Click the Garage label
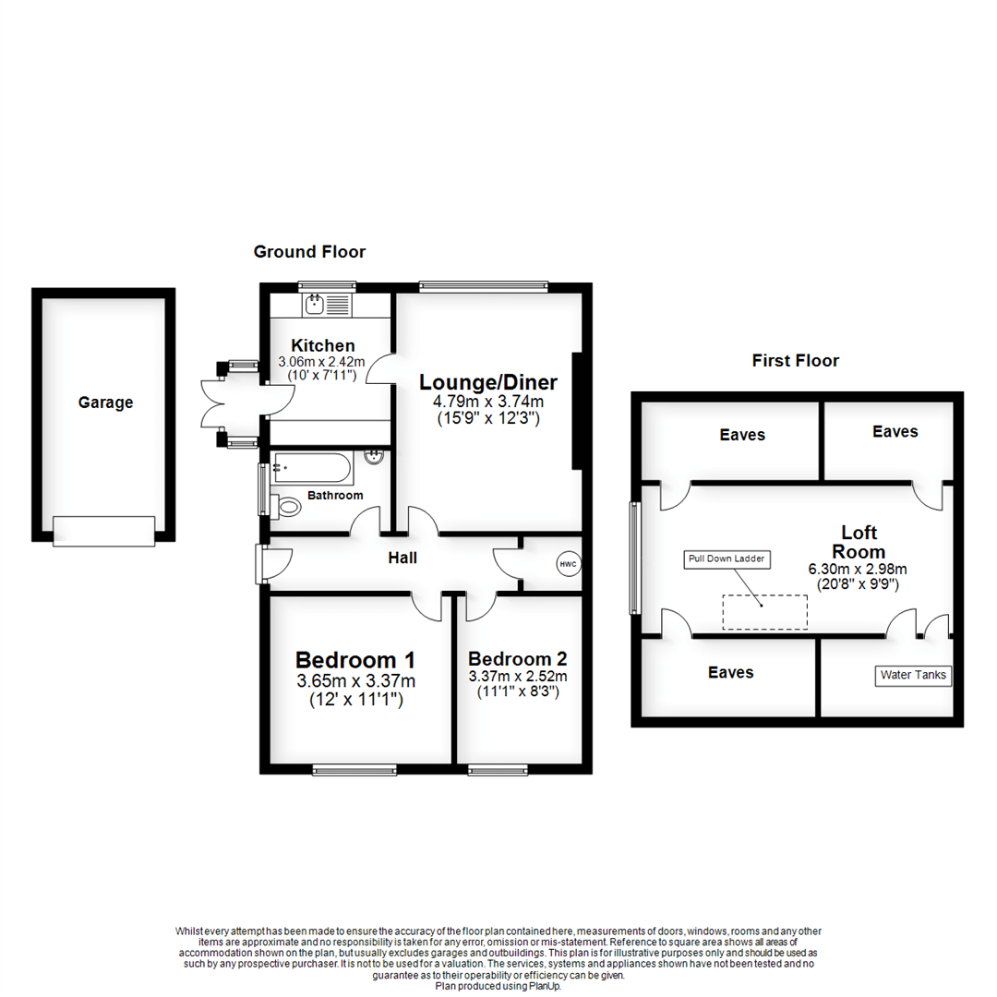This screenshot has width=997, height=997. [105, 402]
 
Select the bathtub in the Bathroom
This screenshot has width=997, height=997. [312, 468]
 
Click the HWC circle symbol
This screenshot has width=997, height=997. [565, 564]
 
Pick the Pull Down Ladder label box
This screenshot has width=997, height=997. [726, 559]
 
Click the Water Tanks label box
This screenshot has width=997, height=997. [912, 675]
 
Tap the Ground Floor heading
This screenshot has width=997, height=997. [309, 252]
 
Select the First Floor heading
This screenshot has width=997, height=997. [795, 361]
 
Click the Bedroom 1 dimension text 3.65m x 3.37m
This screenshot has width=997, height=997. [355, 681]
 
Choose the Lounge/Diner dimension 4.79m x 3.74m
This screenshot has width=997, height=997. [489, 402]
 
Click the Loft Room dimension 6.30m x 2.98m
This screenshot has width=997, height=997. [859, 569]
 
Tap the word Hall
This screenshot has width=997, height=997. [402, 558]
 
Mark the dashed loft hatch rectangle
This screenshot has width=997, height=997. [764, 612]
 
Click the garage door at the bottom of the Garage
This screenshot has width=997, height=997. [103, 531]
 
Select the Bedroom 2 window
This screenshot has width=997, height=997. [498, 768]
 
